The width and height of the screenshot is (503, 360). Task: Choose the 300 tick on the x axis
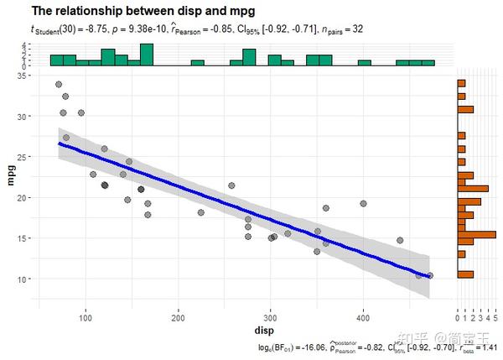pos(270,315)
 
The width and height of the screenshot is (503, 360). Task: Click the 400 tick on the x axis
pos(363,315)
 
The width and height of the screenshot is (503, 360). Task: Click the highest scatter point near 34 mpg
pos(59,85)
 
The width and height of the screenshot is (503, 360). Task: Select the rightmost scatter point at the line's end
pos(430,275)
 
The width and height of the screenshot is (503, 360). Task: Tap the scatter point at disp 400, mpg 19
pos(363,203)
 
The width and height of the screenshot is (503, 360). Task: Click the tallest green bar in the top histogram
pos(147,55)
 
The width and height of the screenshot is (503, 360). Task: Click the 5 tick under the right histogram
pos(495,318)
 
